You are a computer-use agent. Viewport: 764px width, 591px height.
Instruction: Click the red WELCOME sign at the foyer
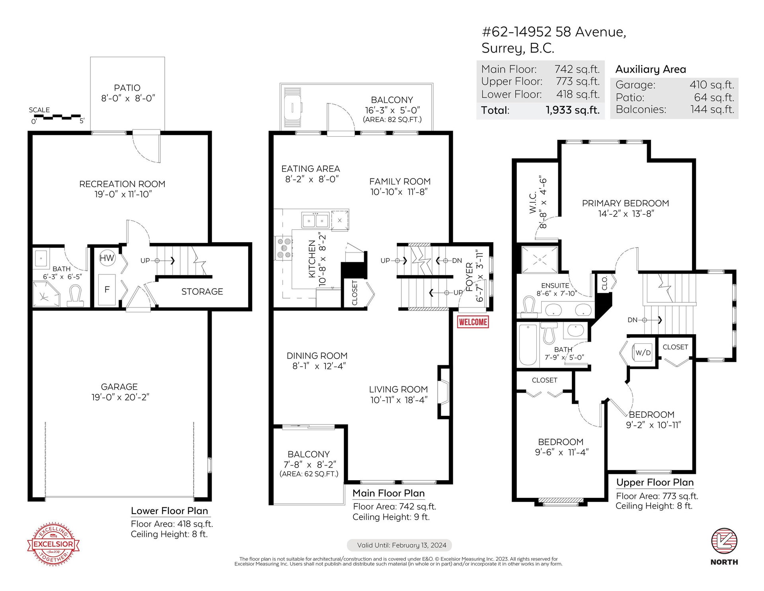473,322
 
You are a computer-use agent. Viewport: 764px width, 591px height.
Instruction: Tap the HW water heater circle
107,258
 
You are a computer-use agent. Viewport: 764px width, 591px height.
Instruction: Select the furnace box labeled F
107,290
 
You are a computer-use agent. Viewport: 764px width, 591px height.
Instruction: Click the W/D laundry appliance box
643,353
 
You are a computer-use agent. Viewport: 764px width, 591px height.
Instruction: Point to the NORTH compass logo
724,546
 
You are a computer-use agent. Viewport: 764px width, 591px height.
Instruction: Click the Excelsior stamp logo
53,544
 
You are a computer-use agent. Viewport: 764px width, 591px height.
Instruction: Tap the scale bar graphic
57,117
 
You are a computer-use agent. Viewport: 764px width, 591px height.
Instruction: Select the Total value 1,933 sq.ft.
573,110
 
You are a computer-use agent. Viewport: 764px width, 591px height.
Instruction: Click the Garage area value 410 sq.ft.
712,85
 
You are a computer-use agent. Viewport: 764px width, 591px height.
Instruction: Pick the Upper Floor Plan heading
655,482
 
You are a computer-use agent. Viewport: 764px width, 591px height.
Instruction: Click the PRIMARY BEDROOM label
626,203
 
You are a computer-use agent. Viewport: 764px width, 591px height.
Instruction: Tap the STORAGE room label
202,292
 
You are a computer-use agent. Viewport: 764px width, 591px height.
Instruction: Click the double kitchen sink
316,220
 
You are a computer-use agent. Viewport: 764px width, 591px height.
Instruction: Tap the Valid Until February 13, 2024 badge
400,545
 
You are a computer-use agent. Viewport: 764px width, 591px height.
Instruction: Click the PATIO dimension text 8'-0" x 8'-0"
128,98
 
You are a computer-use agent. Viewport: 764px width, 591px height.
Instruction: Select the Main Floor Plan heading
389,493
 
